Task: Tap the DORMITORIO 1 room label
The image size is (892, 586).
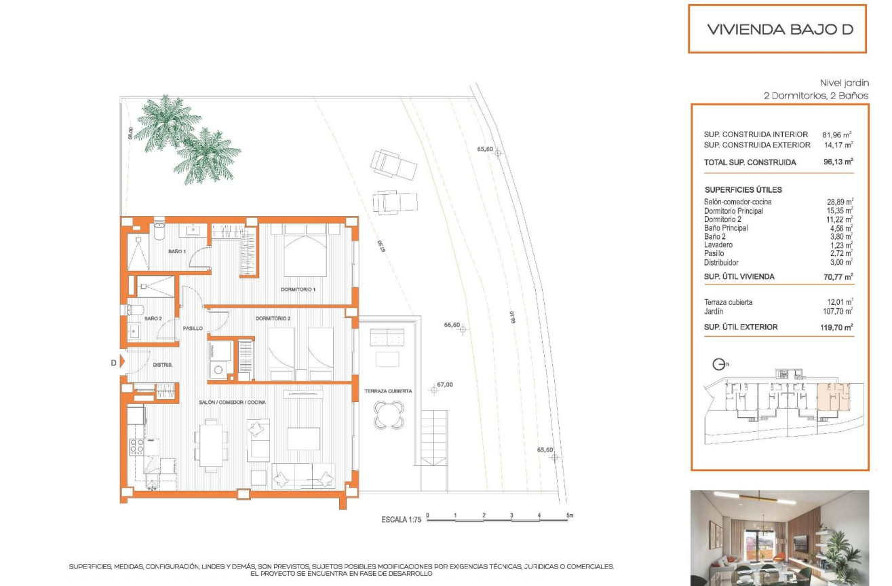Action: point(298,290)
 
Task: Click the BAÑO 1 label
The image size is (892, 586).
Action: point(177,252)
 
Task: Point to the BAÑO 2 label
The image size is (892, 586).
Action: point(153,318)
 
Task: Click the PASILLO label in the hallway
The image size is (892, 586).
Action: point(193,328)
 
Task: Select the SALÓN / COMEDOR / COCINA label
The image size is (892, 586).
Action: point(232,403)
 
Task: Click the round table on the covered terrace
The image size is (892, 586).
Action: point(389,414)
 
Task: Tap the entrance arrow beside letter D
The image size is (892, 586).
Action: point(123,363)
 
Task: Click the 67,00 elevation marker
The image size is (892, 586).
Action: point(434,390)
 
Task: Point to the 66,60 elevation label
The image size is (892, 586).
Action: point(452,325)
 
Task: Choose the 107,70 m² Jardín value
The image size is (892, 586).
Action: point(837,312)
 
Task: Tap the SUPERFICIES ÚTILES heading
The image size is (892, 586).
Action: point(743,190)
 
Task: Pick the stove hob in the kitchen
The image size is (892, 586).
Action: point(136,447)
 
